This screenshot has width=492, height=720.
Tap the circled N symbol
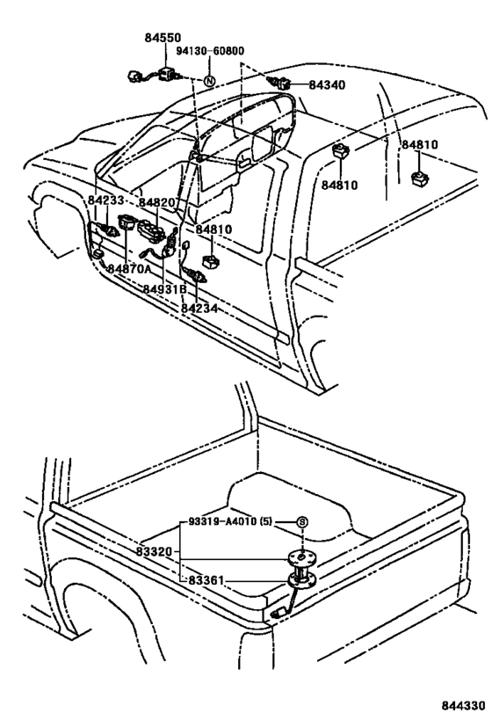click(209, 82)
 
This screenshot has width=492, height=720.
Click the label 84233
click(106, 201)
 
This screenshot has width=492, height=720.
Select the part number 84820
click(157, 202)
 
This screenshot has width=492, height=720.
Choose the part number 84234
click(199, 308)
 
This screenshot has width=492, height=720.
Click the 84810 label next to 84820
click(213, 229)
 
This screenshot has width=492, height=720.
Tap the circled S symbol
click(301, 522)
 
